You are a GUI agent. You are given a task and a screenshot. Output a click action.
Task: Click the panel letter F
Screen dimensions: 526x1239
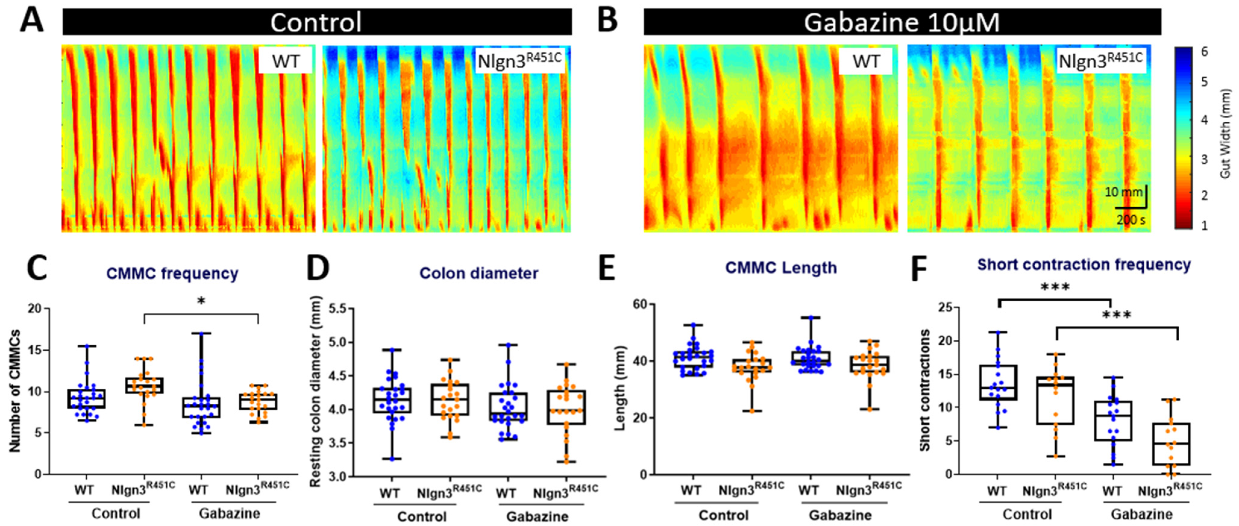pyautogui.click(x=919, y=269)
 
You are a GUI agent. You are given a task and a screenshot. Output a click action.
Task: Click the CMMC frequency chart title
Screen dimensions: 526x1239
pyautogui.click(x=172, y=273)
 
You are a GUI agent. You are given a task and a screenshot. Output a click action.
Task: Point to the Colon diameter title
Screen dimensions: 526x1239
pyautogui.click(x=479, y=273)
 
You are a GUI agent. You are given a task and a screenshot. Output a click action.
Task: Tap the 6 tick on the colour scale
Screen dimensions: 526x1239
pyautogui.click(x=1204, y=52)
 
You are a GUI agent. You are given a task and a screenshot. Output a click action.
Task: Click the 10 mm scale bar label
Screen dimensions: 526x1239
pyautogui.click(x=1123, y=192)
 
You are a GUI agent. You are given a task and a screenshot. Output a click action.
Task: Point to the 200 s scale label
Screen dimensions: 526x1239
pyautogui.click(x=1131, y=220)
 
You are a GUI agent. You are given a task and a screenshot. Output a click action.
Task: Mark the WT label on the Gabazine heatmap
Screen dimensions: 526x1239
pyautogui.click(x=866, y=61)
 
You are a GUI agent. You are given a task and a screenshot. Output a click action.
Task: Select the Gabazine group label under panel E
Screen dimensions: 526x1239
pyautogui.click(x=840, y=515)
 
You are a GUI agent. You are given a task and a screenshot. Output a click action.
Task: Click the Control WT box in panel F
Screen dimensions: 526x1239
pyautogui.click(x=999, y=383)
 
